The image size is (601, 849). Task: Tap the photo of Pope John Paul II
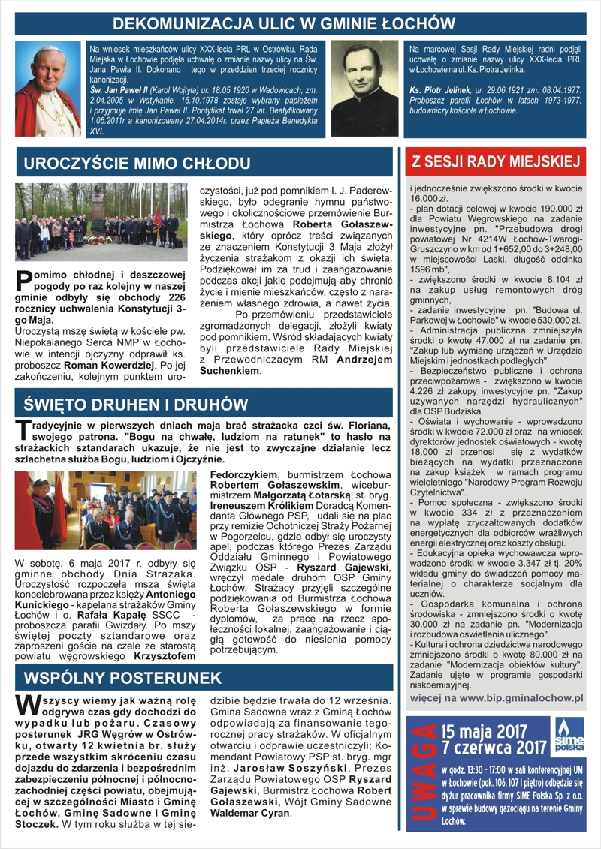(47, 89)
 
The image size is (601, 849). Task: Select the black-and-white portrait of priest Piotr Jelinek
(365, 89)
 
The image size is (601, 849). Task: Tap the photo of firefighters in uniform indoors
(105, 510)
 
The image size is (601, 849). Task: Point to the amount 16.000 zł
(427, 197)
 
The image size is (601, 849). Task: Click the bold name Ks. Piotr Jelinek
(440, 89)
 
